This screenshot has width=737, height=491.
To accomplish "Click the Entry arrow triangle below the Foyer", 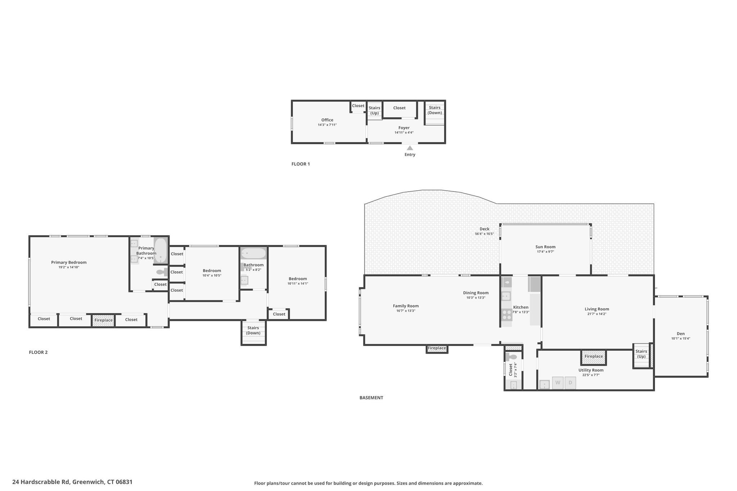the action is coord(410,148).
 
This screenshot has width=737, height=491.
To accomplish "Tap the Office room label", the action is coord(327,120).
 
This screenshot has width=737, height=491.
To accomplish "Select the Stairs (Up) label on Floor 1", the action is coord(375,110).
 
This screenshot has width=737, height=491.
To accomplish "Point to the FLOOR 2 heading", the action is coord(38,352).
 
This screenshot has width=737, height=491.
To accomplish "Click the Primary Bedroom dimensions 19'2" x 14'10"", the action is coord(69,267).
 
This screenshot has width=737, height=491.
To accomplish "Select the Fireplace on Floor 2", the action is coord(103,320).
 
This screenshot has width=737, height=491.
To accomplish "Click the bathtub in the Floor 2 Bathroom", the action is coord(253,254).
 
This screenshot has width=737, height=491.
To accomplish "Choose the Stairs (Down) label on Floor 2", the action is coord(253,330).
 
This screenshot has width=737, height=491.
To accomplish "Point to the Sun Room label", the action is coord(545,247).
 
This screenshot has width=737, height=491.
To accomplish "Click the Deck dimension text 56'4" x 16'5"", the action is coord(484,234).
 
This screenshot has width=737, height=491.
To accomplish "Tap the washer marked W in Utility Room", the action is coord(558,383).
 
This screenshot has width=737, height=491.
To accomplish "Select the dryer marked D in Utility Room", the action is coord(570,383).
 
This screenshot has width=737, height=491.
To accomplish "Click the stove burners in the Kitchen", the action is coord(507,315).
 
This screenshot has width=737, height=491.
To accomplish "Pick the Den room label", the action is coord(681,333).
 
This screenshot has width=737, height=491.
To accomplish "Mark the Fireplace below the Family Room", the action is coord(437,349).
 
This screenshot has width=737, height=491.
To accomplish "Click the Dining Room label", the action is coord(476,293).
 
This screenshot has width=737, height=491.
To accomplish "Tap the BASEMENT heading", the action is coord(371,398).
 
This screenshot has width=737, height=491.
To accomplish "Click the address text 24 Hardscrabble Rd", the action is coord(41,482).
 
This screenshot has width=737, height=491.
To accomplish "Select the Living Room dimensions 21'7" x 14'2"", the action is coord(597,314).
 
